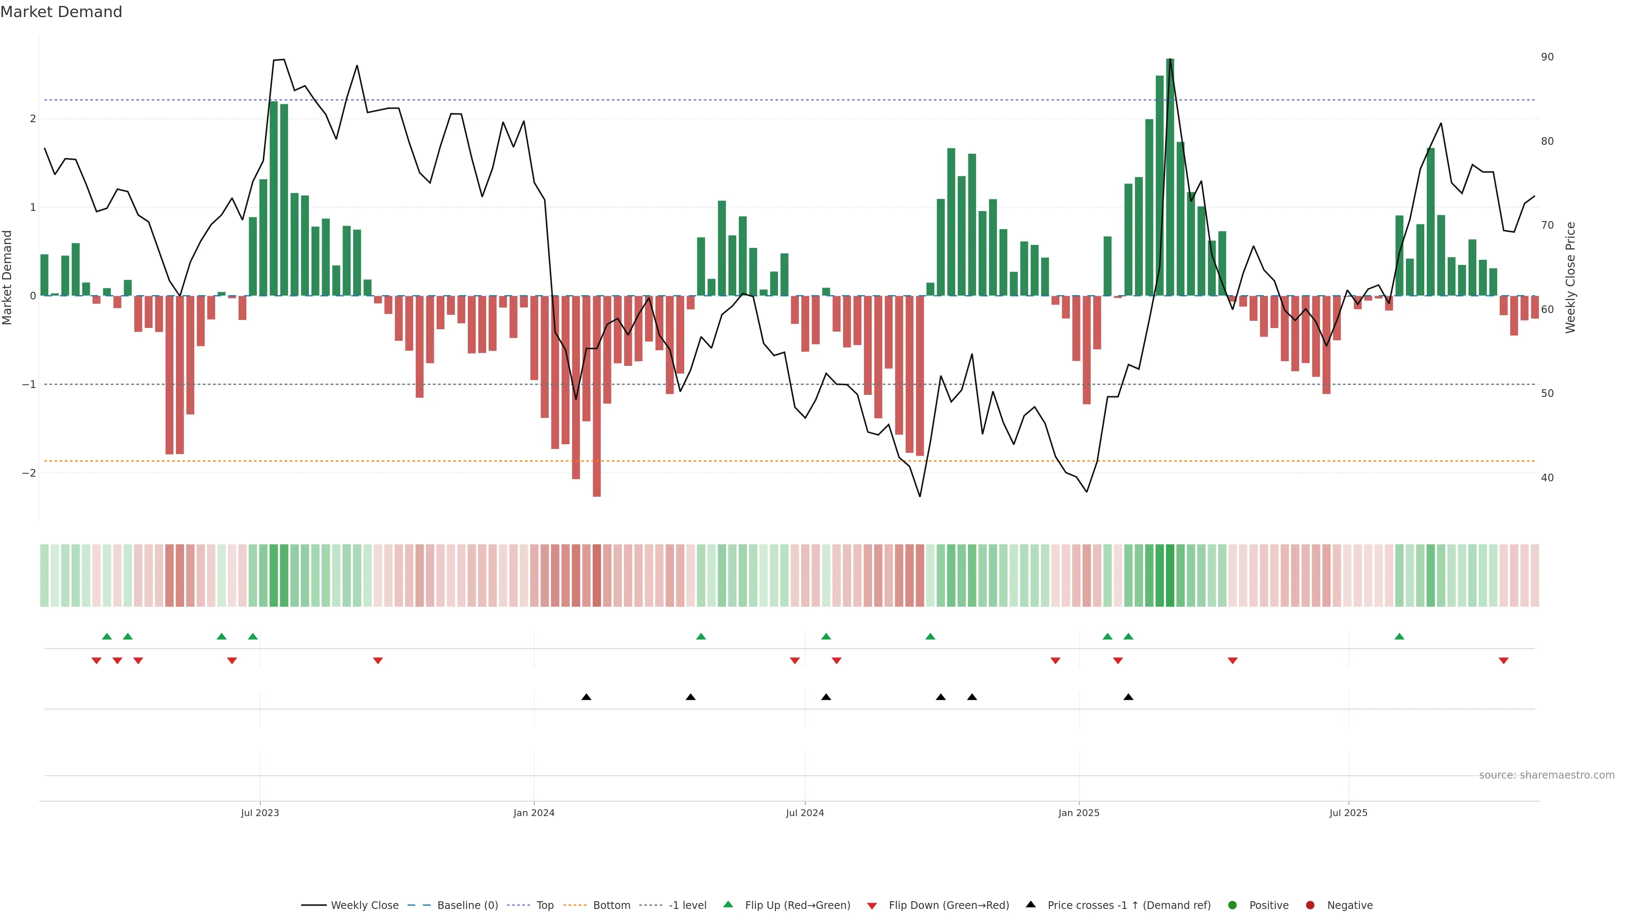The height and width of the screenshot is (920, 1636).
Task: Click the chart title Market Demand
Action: tap(61, 12)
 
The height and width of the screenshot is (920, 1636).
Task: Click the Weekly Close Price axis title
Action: tap(1570, 277)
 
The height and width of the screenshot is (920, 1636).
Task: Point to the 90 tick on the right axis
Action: tap(1547, 57)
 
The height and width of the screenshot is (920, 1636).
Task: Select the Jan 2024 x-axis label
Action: tap(533, 813)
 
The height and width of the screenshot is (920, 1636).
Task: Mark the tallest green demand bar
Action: tap(1170, 178)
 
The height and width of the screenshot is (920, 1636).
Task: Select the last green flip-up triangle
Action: tap(1399, 636)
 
